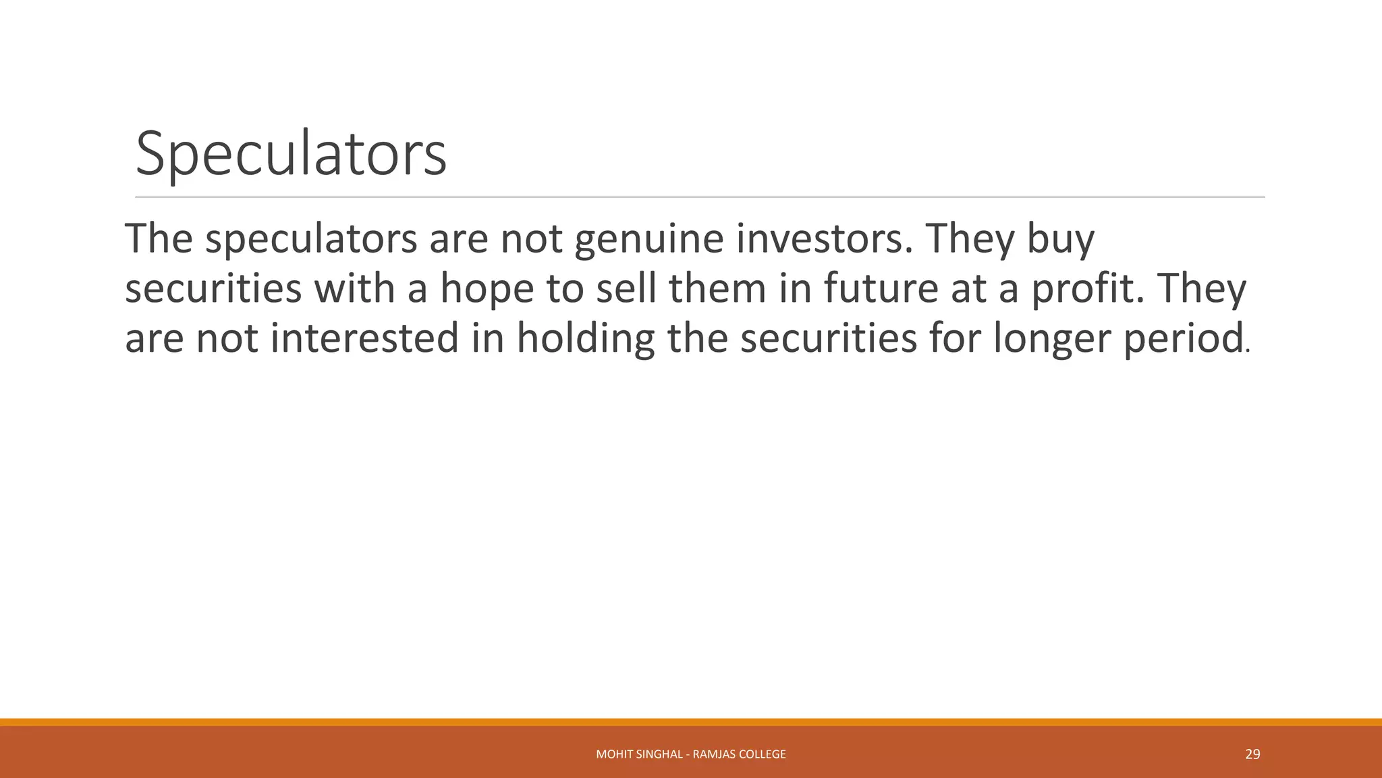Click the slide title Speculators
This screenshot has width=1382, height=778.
291,155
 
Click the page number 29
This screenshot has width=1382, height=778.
1252,754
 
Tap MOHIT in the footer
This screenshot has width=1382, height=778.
611,754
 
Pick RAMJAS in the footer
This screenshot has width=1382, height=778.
714,754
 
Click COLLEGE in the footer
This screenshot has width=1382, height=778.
763,754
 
